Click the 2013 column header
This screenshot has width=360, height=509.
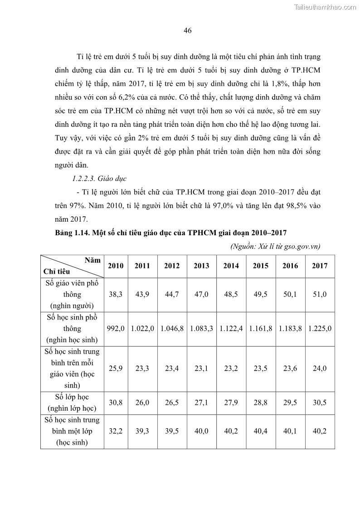pos(201,266)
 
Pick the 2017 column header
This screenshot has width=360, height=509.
pos(320,266)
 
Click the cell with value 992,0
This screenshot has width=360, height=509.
pos(116,328)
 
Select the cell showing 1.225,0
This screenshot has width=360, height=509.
pos(320,328)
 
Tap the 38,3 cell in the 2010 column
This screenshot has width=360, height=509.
pos(116,294)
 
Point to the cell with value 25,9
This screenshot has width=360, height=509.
pos(116,368)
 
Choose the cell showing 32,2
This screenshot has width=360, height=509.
pos(116,431)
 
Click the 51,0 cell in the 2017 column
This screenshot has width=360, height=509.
pos(320,294)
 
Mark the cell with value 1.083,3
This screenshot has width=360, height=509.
pos(201,328)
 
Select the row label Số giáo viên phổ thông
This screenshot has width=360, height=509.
pos(72,294)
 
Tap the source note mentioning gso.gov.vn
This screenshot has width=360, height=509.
pos(275,246)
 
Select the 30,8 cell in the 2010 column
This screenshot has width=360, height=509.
pos(116,402)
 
